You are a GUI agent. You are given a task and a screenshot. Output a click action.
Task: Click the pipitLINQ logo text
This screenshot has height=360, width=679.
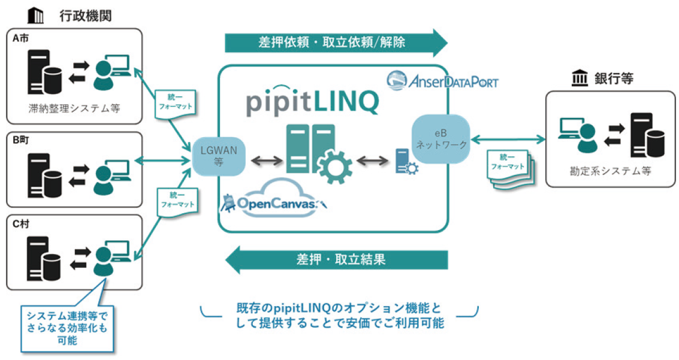(312, 102)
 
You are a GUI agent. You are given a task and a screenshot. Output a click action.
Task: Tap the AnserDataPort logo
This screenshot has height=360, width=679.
(442, 80)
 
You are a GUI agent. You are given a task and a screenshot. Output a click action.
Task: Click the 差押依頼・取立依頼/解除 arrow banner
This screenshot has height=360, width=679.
(336, 43)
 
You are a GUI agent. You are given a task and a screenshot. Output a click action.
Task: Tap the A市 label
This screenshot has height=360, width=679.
(21, 38)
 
